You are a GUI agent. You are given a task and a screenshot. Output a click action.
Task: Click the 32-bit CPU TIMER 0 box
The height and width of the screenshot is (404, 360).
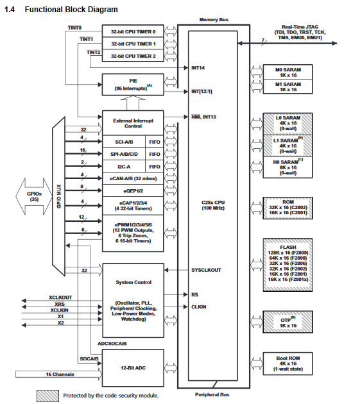133,31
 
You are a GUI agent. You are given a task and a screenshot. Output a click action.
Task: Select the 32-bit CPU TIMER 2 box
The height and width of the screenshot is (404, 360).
133,56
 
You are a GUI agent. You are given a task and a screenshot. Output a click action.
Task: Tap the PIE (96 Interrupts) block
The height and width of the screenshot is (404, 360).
133,84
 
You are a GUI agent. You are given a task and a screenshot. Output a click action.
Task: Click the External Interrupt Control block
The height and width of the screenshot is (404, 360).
133,122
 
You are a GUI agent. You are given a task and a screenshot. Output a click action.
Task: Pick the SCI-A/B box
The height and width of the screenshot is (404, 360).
124,142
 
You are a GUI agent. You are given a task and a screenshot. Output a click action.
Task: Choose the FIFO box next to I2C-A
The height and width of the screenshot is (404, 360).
154,167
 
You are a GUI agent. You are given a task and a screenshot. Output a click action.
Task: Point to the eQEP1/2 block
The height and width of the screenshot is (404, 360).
133,191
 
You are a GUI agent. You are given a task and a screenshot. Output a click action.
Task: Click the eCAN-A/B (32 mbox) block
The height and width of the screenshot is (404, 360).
133,178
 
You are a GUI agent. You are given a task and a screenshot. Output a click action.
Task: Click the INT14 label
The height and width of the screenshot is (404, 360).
198,67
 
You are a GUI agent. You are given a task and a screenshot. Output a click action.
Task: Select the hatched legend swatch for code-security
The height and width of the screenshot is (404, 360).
47,395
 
